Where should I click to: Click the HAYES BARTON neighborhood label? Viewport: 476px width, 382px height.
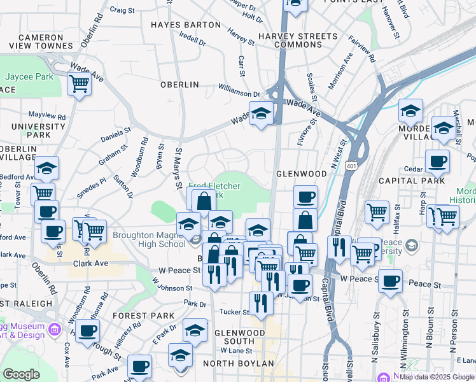click(x=186, y=25)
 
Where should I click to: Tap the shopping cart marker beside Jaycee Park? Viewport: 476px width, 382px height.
click(x=79, y=83)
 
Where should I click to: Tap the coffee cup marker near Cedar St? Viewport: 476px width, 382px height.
click(x=437, y=162)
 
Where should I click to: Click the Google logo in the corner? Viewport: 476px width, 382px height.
click(x=21, y=374)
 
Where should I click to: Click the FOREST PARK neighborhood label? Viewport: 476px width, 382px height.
click(x=144, y=316)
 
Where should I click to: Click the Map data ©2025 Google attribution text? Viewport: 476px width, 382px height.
click(x=437, y=376)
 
